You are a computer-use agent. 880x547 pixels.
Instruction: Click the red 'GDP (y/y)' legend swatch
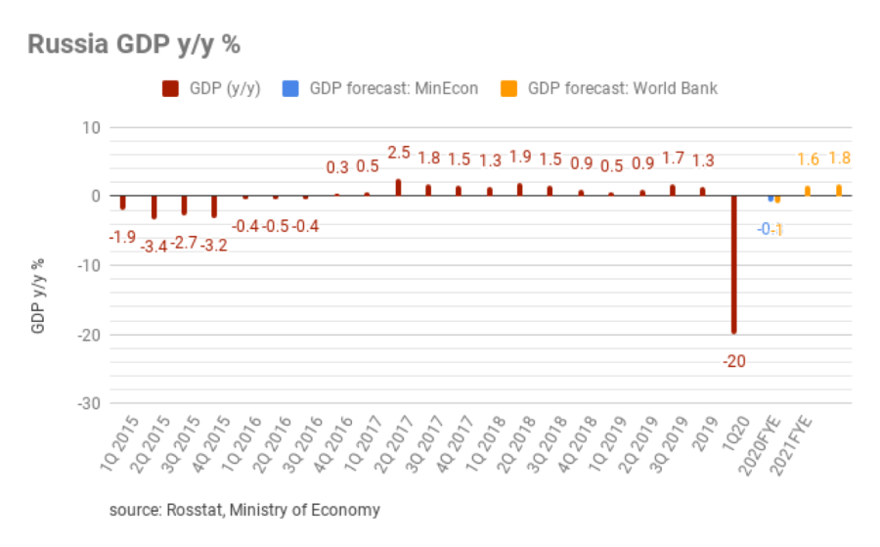(169, 88)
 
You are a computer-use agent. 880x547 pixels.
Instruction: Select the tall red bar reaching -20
(733, 264)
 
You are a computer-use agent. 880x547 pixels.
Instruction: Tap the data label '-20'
(733, 361)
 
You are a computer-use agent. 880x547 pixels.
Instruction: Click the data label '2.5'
(399, 153)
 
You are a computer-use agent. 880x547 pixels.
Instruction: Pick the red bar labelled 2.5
(398, 187)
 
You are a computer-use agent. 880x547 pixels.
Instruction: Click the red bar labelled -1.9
(122, 203)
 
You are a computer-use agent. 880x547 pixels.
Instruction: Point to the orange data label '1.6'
(808, 160)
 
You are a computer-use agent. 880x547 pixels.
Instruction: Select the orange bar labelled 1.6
(808, 191)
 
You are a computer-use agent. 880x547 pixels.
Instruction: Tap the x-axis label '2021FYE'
(793, 445)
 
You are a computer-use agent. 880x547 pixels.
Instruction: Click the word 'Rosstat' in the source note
(191, 510)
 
